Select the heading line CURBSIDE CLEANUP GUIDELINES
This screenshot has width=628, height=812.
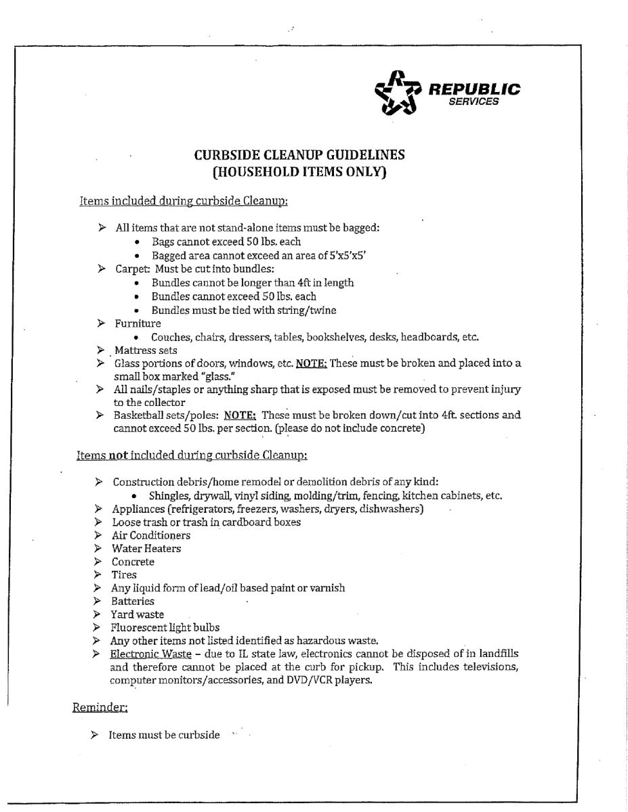pyautogui.click(x=299, y=155)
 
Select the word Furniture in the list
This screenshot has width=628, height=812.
pyautogui.click(x=138, y=323)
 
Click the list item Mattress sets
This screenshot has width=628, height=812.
pyautogui.click(x=145, y=351)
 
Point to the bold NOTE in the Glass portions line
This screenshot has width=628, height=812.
pyautogui.click(x=311, y=363)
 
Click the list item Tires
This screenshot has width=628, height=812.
pyautogui.click(x=123, y=575)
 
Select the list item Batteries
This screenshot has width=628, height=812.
pyautogui.click(x=132, y=602)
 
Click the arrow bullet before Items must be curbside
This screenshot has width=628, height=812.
pyautogui.click(x=95, y=735)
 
